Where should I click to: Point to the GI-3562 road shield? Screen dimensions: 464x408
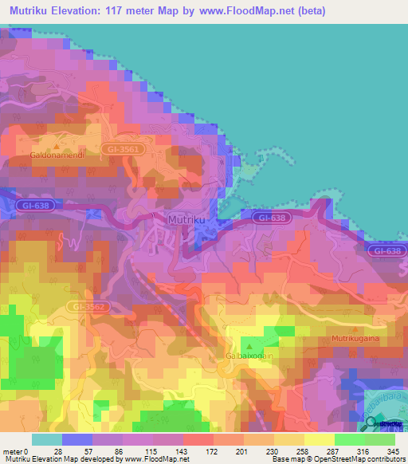pyautogui.click(x=87, y=305)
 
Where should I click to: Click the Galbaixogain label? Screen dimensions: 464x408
pyautogui.click(x=250, y=357)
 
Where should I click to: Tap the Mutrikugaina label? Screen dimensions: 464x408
pyautogui.click(x=356, y=339)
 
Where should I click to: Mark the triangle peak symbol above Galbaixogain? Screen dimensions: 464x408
pyautogui.click(x=250, y=346)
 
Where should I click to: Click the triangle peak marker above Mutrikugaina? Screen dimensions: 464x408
pyautogui.click(x=356, y=328)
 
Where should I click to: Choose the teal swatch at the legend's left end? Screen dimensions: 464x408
pyautogui.click(x=46, y=439)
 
